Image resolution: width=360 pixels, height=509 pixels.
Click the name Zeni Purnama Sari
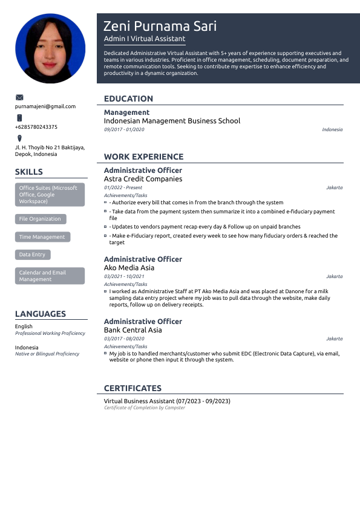click(160, 26)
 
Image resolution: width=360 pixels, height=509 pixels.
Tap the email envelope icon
click(19, 97)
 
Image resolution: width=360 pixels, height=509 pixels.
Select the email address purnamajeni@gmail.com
click(45, 106)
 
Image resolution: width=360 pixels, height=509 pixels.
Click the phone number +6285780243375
click(36, 127)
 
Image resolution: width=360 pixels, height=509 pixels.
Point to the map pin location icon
click(19, 138)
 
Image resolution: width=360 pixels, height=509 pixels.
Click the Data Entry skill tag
click(32, 255)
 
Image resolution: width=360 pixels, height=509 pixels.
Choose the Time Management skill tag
click(42, 237)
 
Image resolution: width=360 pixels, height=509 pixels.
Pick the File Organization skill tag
click(40, 219)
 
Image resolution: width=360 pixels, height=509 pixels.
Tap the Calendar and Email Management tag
click(50, 276)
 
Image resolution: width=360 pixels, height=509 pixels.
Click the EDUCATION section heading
click(128, 99)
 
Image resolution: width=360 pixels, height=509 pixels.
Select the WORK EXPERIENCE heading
click(143, 157)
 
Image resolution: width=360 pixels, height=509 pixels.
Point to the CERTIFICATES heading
click(133, 388)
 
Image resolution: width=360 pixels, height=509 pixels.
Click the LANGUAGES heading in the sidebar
click(41, 314)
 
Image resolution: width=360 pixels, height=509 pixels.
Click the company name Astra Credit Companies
click(143, 179)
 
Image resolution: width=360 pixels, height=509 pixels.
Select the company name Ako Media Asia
click(129, 268)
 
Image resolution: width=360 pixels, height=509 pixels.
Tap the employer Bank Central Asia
click(133, 330)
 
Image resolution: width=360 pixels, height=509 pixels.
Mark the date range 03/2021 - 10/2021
click(124, 276)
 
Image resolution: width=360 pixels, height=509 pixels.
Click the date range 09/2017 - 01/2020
click(124, 129)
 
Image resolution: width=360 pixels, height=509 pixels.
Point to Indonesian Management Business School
click(172, 121)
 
